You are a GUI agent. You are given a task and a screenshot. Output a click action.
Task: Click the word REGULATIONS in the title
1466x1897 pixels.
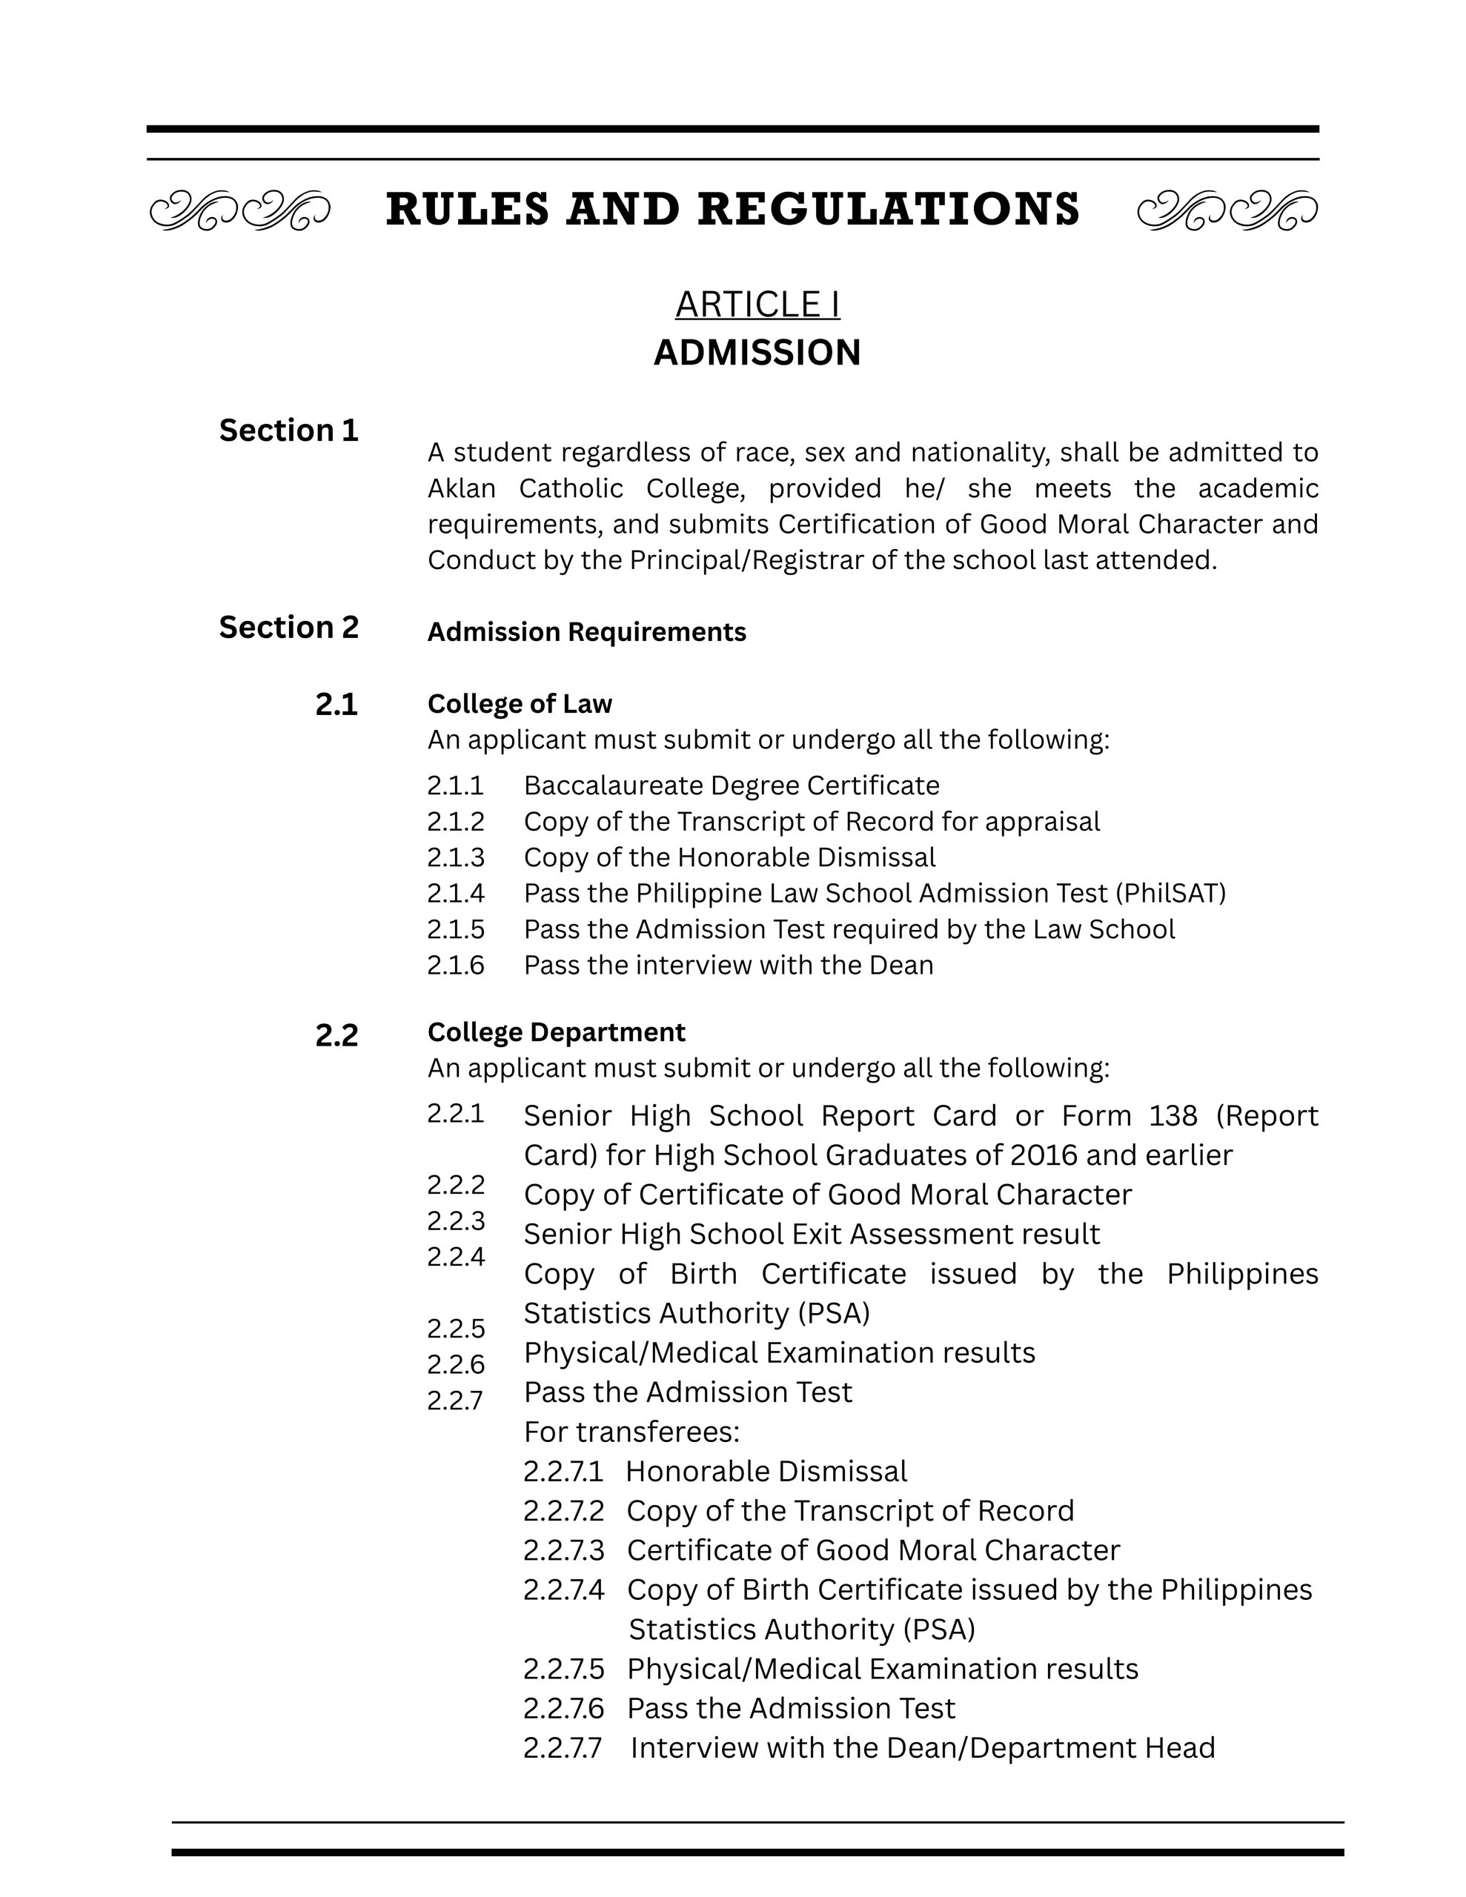click(x=888, y=210)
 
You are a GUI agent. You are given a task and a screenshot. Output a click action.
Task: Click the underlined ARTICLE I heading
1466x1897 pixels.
click(x=757, y=305)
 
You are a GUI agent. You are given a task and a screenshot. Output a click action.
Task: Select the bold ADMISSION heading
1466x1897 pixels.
click(x=757, y=353)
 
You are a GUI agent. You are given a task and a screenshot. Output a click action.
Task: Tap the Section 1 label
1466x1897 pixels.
click(x=288, y=431)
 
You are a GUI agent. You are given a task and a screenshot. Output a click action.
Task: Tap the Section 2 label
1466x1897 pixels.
click(x=288, y=627)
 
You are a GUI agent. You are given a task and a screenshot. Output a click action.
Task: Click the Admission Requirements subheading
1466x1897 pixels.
click(x=586, y=632)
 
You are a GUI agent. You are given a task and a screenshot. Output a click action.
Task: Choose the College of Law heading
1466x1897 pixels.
click(x=520, y=703)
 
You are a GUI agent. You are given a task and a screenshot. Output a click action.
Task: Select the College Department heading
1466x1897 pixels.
click(x=556, y=1032)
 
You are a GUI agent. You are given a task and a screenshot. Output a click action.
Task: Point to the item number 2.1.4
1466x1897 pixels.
click(x=455, y=893)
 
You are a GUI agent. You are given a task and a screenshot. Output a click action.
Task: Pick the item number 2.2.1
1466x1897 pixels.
click(x=455, y=1114)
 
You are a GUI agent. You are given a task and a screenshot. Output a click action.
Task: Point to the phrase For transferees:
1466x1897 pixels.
click(x=631, y=1432)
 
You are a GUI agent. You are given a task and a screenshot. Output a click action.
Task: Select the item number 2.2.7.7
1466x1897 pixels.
click(x=563, y=1747)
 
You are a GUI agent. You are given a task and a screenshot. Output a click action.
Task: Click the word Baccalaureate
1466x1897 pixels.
click(x=614, y=785)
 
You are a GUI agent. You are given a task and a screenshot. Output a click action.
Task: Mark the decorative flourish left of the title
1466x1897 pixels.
click(x=240, y=210)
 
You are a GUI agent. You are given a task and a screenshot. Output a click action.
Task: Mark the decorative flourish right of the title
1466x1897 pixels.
click(x=1227, y=210)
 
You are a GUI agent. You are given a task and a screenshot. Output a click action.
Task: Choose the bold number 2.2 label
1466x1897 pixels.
click(x=336, y=1035)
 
